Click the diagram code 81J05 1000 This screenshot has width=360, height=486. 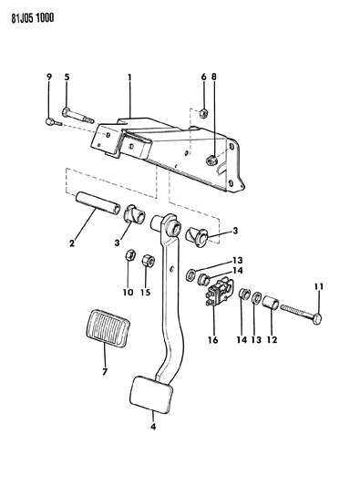point(33,17)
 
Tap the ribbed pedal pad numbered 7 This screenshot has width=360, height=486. point(108,326)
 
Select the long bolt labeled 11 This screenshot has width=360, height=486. point(301,314)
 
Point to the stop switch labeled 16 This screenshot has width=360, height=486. point(220,293)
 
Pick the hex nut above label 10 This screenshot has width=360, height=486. point(129,255)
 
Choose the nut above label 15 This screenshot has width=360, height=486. point(148,261)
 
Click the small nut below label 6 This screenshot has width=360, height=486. point(203,113)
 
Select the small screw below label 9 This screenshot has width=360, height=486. point(54,122)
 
